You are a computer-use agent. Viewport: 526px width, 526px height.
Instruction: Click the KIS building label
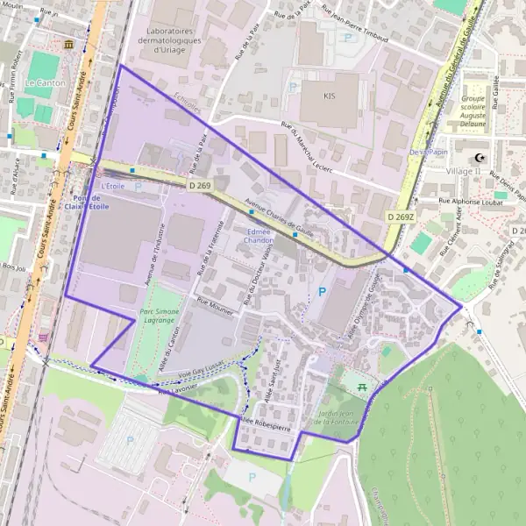click(x=330, y=96)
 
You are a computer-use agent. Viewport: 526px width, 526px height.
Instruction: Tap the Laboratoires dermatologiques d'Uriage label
click(x=169, y=39)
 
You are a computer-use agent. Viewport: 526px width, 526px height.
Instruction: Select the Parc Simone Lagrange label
click(x=160, y=316)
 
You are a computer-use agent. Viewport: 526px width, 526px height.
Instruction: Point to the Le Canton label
click(x=39, y=82)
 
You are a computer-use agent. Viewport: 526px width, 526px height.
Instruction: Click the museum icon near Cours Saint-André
click(x=68, y=44)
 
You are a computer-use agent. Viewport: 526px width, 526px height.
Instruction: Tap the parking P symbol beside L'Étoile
click(x=138, y=187)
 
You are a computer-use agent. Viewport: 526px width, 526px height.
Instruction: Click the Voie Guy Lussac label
click(x=202, y=370)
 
